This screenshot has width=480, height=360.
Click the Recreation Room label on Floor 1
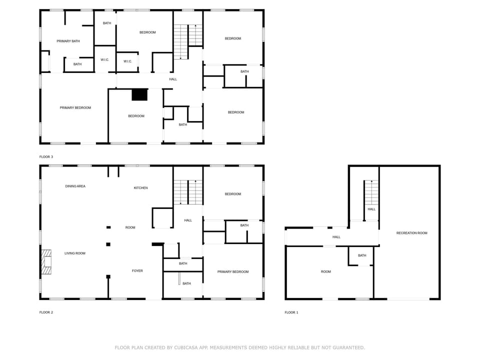[x=411, y=233]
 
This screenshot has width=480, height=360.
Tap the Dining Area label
[x=75, y=186]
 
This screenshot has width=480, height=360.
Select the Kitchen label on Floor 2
[x=140, y=188]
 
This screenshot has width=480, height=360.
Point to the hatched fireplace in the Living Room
[x=46, y=262]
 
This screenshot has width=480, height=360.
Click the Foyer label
[x=137, y=271]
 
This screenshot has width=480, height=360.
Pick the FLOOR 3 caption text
[x=46, y=157]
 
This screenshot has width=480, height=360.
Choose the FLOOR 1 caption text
[x=291, y=312]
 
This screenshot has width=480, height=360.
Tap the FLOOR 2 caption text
[x=46, y=312]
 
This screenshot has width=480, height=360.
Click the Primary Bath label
[x=68, y=41]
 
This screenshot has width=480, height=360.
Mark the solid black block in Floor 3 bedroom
[x=139, y=94]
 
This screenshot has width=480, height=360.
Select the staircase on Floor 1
[x=371, y=192]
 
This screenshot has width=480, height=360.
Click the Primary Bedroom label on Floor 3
[x=75, y=107]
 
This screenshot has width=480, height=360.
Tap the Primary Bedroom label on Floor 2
[x=232, y=272]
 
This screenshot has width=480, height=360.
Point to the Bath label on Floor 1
[x=361, y=255]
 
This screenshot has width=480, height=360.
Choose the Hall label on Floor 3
[x=173, y=79]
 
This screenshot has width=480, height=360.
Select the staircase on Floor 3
[x=187, y=41]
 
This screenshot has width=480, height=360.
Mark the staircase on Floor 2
[x=187, y=192]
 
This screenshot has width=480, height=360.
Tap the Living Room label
[x=75, y=253]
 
